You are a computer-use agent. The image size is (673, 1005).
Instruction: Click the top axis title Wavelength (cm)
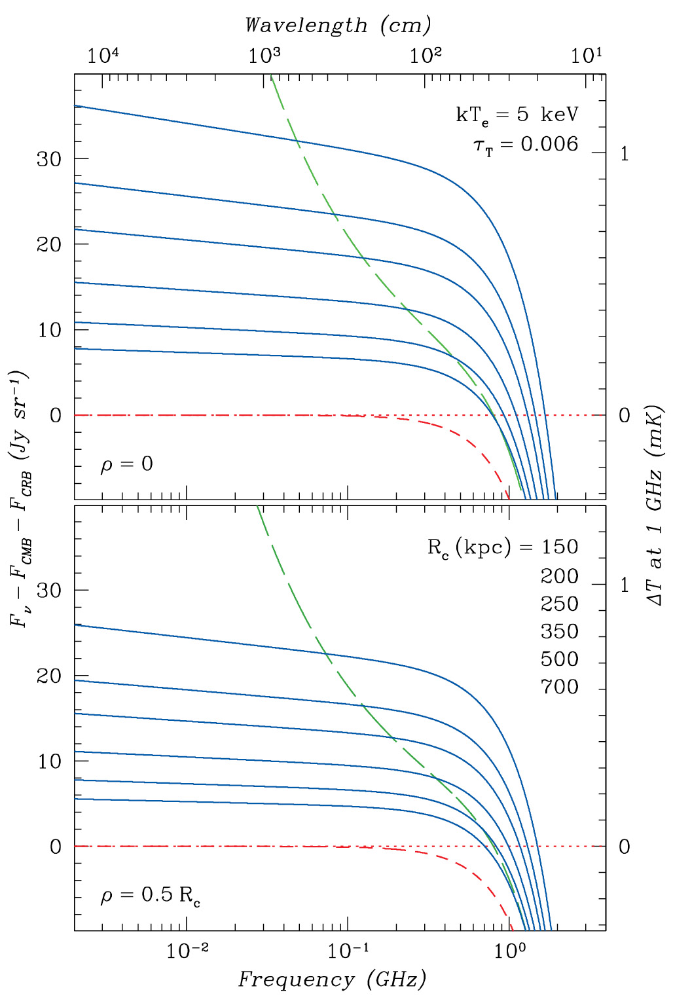click(x=338, y=25)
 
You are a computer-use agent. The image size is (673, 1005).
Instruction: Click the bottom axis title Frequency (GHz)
click(x=332, y=979)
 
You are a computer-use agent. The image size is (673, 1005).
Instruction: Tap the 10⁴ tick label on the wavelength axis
click(x=103, y=56)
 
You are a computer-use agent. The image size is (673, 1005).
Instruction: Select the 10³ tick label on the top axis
click(x=264, y=56)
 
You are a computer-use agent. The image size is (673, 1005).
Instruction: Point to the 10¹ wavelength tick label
click(x=586, y=56)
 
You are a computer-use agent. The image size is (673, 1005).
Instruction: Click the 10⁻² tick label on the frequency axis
click(x=187, y=951)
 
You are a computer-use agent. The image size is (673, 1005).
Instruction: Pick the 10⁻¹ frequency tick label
click(x=348, y=951)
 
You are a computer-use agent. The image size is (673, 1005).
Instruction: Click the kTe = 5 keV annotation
click(x=517, y=115)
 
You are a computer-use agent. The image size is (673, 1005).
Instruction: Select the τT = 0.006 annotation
click(x=526, y=145)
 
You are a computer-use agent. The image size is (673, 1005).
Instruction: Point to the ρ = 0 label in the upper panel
click(x=126, y=464)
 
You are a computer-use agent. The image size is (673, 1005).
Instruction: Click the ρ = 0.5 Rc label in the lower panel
click(x=150, y=896)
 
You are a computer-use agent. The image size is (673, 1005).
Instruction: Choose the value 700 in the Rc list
click(x=560, y=687)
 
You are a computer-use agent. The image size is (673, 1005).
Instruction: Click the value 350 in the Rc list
click(x=560, y=631)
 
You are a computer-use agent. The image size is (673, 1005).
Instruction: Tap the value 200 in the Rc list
click(x=560, y=576)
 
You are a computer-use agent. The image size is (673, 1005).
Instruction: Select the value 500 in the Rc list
click(x=560, y=659)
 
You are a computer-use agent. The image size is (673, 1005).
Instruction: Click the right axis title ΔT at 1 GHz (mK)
click(x=655, y=505)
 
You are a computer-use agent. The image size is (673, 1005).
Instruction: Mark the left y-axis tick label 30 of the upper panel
click(x=49, y=159)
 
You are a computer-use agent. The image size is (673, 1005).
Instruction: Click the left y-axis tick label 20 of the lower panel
click(x=49, y=676)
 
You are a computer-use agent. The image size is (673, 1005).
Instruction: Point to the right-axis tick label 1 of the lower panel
click(x=625, y=585)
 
